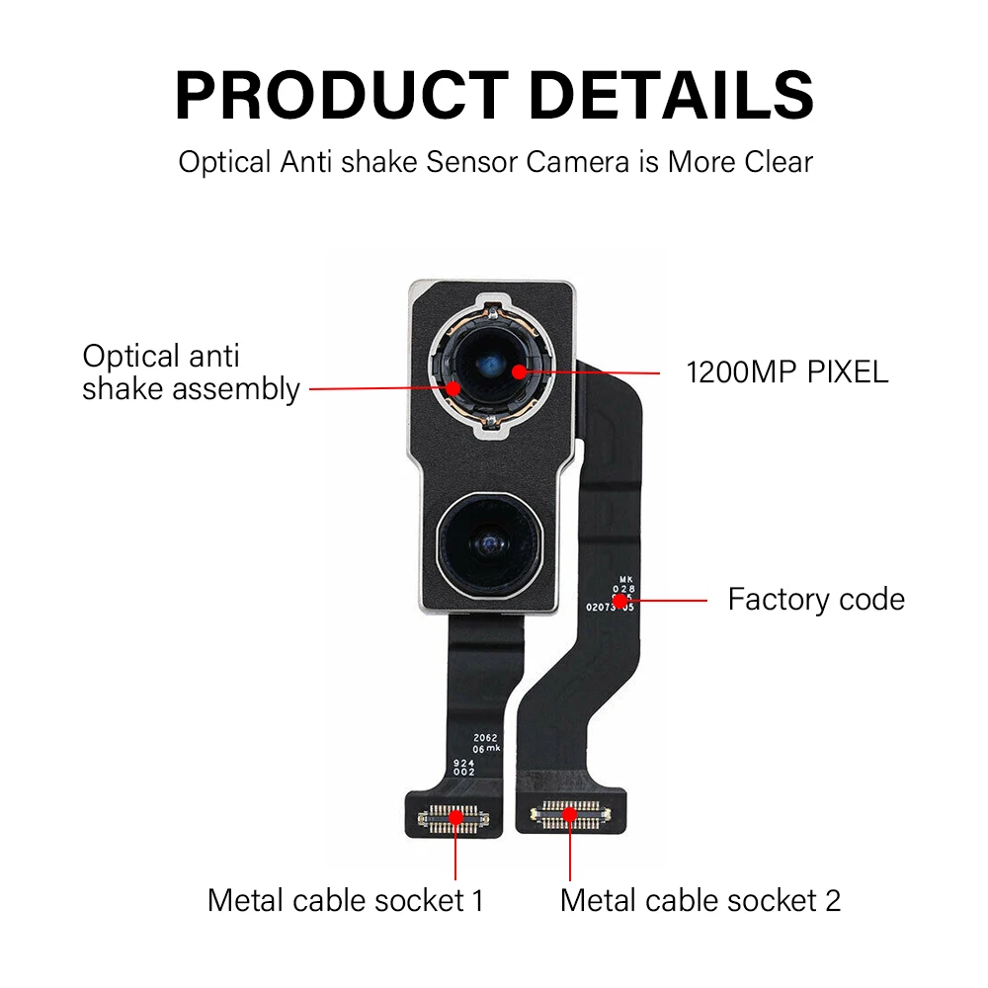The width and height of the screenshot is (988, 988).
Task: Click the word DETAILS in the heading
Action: coord(672,96)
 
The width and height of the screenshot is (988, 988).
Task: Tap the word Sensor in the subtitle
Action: coord(472,161)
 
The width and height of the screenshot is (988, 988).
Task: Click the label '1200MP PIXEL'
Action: coord(787,371)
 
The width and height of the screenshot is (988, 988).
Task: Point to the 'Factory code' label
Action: coord(816,599)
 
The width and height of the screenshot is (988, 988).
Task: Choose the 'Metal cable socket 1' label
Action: coord(346,900)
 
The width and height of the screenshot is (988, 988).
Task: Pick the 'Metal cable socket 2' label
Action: coord(700,900)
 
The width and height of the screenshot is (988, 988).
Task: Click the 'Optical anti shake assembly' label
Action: coord(190,372)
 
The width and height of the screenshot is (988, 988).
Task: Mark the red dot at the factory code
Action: coord(620,600)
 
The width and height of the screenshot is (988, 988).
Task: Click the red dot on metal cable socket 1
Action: coord(455,815)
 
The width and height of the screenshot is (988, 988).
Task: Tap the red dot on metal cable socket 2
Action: coord(570,814)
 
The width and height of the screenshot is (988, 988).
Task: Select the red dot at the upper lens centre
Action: coord(518,371)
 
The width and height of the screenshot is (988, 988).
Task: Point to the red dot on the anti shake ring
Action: coord(453,388)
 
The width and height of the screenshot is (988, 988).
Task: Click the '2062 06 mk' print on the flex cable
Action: coord(487,744)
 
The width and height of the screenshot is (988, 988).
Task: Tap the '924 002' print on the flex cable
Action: coord(464,768)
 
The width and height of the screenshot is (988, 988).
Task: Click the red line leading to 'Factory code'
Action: coord(667,600)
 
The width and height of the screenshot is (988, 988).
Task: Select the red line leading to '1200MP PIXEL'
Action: coord(593,372)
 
